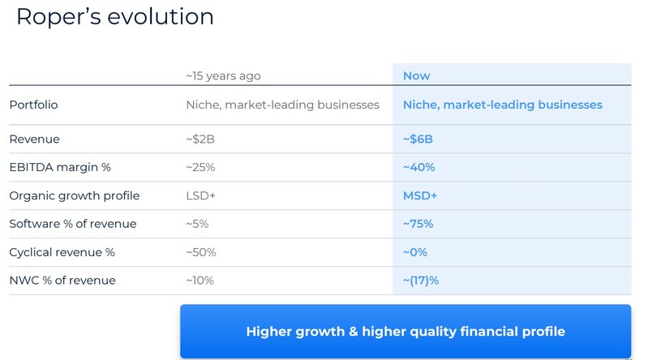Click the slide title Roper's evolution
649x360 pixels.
(114, 16)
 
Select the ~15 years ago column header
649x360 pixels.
(223, 75)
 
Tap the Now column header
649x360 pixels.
(416, 75)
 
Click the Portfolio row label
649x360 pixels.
(33, 105)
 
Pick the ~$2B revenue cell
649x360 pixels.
(200, 139)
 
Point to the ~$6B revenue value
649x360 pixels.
(418, 139)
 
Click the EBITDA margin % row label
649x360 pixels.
(60, 167)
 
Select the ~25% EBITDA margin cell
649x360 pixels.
(201, 167)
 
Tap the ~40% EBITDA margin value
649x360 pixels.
(419, 167)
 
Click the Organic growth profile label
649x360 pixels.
(74, 195)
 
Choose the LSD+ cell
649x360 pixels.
(200, 195)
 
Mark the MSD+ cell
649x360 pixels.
(420, 195)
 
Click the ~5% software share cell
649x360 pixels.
(198, 224)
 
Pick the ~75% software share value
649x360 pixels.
(419, 224)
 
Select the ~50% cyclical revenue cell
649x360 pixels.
(201, 252)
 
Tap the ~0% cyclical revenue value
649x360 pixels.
(415, 252)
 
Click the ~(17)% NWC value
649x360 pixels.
(421, 281)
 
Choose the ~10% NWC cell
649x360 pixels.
(200, 281)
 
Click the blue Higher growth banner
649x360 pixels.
(405, 332)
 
